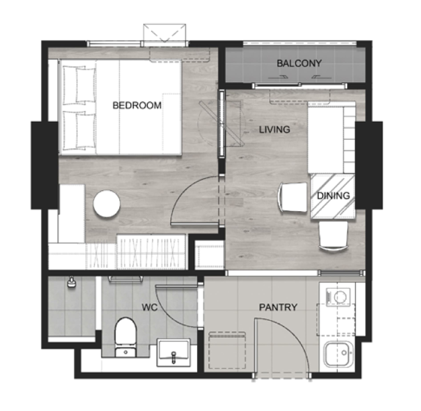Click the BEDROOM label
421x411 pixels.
(x=137, y=106)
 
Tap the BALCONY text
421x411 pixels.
(x=299, y=63)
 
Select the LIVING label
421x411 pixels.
(x=274, y=129)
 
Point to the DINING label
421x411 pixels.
(x=334, y=196)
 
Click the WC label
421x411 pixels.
(x=149, y=307)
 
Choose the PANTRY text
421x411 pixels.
(x=278, y=307)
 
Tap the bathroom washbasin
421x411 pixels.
(x=174, y=352)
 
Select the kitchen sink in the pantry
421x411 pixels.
(x=338, y=354)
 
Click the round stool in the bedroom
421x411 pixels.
(x=106, y=204)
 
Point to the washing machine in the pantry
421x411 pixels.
(x=338, y=297)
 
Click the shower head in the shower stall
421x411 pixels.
(x=71, y=283)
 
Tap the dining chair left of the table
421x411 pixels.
(x=293, y=197)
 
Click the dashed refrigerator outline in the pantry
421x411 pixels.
(x=227, y=350)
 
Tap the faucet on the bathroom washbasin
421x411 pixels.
(x=174, y=357)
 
